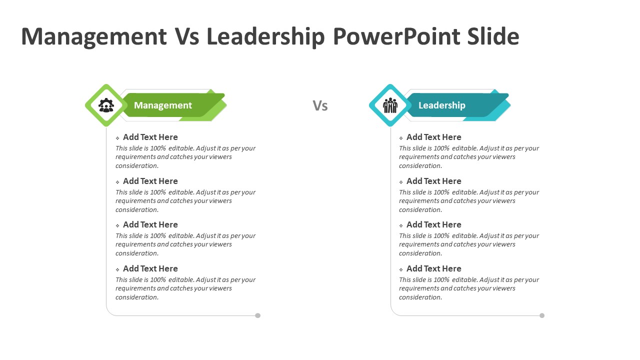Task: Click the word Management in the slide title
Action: pyautogui.click(x=94, y=36)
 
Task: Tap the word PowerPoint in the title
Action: pyautogui.click(x=396, y=36)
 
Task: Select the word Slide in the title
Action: pyautogui.click(x=493, y=36)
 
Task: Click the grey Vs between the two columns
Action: pyautogui.click(x=320, y=105)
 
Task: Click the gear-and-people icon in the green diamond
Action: pyautogui.click(x=106, y=105)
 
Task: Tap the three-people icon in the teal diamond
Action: pyautogui.click(x=390, y=105)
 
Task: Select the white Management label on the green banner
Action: pyautogui.click(x=163, y=105)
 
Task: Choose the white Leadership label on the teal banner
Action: pyautogui.click(x=441, y=105)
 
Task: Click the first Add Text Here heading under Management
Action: pyautogui.click(x=150, y=137)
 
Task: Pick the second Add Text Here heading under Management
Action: pyautogui.click(x=150, y=181)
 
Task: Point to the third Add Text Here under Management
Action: pyautogui.click(x=150, y=224)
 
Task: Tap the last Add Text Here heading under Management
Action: pyautogui.click(x=150, y=268)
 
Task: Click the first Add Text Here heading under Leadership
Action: pyautogui.click(x=433, y=137)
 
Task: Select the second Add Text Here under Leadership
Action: pyautogui.click(x=433, y=181)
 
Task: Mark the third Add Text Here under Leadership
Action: pyautogui.click(x=433, y=224)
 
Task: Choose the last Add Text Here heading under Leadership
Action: pyautogui.click(x=433, y=268)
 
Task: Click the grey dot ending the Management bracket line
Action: pyautogui.click(x=257, y=315)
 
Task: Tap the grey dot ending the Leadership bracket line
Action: pyautogui.click(x=542, y=315)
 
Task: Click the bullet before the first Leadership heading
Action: pyautogui.click(x=401, y=138)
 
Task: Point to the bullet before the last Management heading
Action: pyautogui.click(x=117, y=269)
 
